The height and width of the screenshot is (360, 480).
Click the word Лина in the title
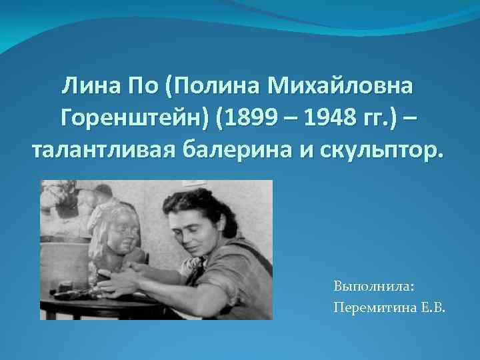pyautogui.click(x=89, y=85)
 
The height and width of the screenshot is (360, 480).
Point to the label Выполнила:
pyautogui.click(x=374, y=286)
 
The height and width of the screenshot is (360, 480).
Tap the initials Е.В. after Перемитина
pyautogui.click(x=435, y=306)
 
